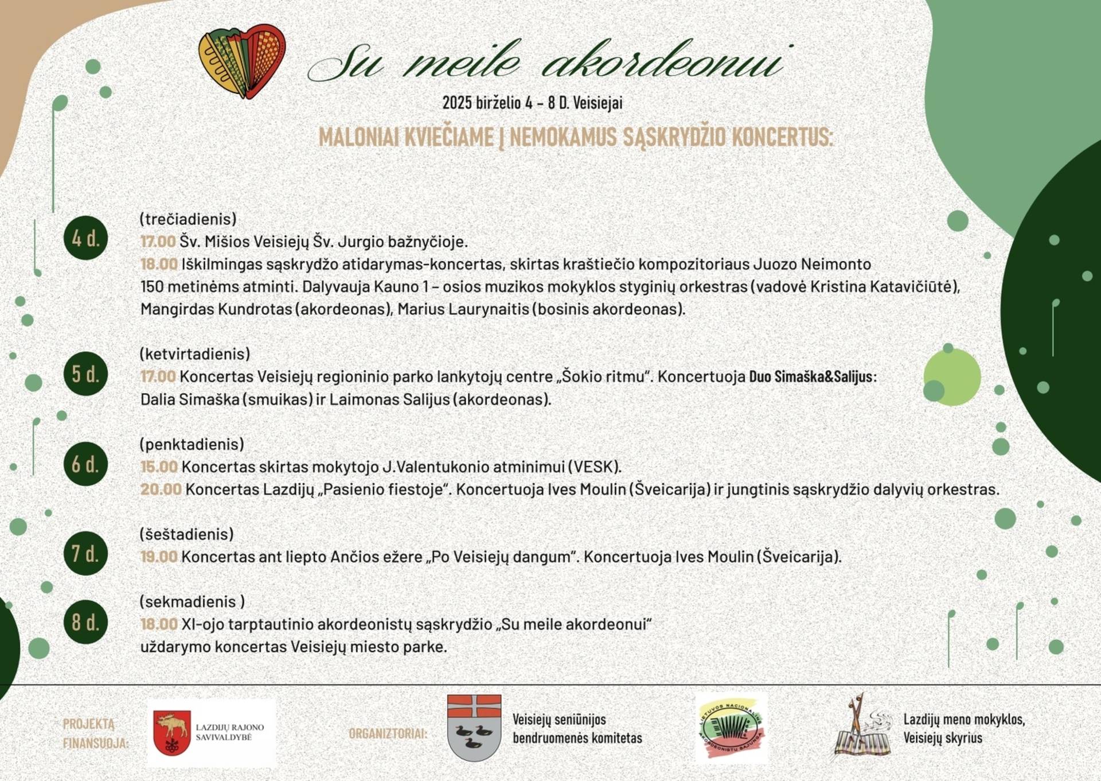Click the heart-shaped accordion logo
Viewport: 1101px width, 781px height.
[242, 62]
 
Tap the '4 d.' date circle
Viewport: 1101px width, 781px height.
[86, 238]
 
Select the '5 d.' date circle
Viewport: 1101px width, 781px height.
[86, 374]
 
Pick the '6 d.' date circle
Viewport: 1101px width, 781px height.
[86, 464]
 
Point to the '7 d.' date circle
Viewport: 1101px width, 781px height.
[86, 554]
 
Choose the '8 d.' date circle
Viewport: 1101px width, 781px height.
[86, 621]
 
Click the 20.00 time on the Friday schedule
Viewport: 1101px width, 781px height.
[161, 489]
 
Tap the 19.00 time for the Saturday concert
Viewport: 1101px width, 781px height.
[159, 557]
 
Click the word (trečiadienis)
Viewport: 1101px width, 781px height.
[188, 219]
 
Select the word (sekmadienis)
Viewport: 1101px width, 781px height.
[192, 601]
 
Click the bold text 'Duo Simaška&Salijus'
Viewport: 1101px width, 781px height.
[811, 377]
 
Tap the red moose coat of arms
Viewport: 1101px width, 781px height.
[172, 733]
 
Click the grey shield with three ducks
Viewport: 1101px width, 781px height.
[474, 728]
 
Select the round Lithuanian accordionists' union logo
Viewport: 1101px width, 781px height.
[731, 729]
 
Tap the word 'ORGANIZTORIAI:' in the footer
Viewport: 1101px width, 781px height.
[388, 733]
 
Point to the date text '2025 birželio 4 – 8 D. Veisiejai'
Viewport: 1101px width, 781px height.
[532, 103]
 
